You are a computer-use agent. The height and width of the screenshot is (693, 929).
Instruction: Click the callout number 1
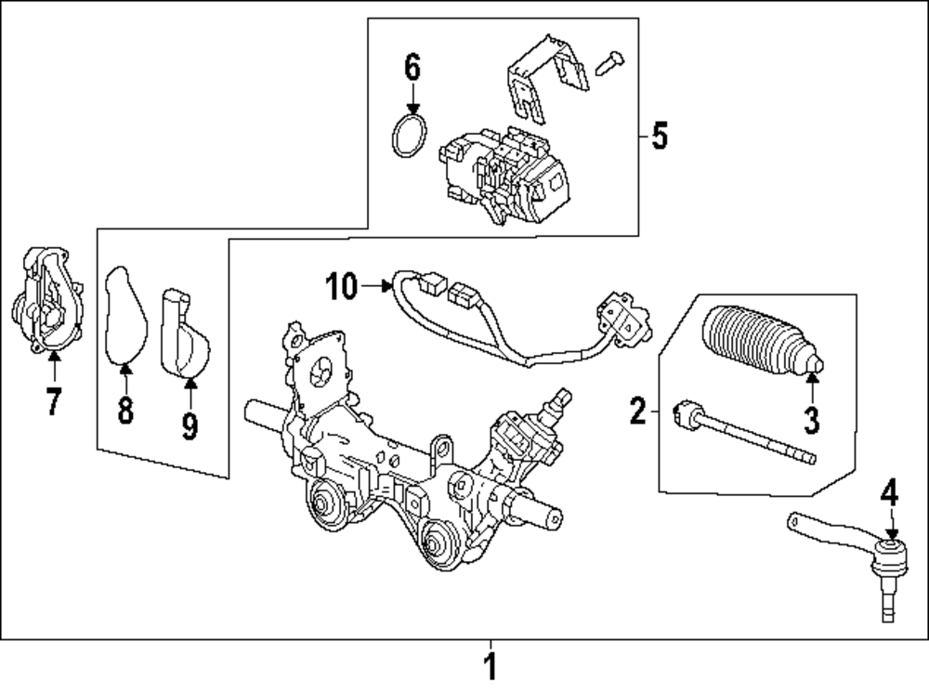491,667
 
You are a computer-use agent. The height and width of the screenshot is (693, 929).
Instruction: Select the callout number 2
637,410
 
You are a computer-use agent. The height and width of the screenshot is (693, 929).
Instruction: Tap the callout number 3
812,419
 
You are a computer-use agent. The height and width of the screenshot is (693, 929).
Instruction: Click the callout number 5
659,136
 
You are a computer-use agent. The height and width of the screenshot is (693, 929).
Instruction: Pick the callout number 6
412,67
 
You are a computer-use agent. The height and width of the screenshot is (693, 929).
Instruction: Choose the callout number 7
53,401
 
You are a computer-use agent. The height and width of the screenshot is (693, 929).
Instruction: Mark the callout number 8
125,409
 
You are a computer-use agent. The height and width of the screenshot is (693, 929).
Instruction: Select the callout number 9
190,425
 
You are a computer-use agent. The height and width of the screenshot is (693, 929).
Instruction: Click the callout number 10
341,287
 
